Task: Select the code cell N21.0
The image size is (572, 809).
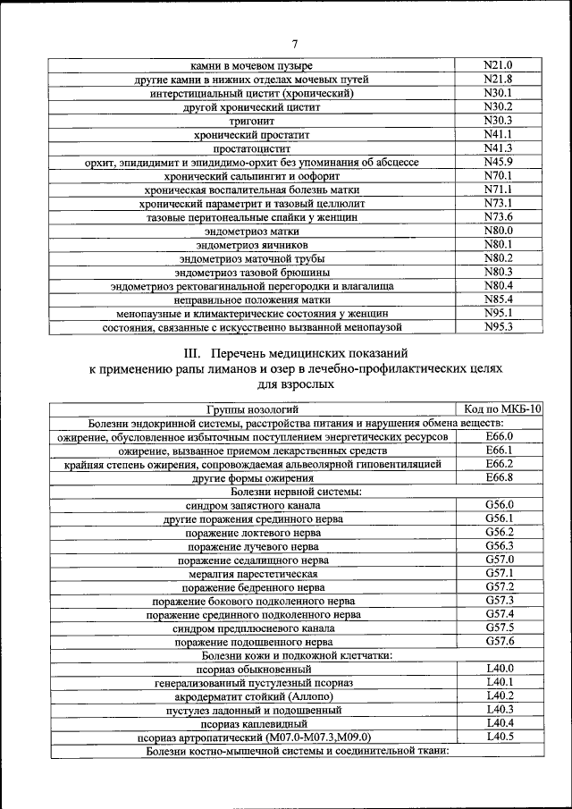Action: (x=497, y=65)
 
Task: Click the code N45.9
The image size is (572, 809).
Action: (x=497, y=162)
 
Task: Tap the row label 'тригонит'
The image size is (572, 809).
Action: (x=252, y=121)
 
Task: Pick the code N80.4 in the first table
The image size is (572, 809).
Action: (x=497, y=285)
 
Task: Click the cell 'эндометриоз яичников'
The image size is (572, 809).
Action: (x=252, y=245)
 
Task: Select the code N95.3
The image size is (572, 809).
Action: (x=497, y=327)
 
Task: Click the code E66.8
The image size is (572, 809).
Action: (x=499, y=478)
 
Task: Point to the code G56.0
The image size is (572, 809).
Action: (x=499, y=505)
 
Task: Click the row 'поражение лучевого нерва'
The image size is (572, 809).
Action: (x=252, y=547)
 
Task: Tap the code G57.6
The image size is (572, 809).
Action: (x=499, y=641)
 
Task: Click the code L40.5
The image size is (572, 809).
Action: (x=499, y=736)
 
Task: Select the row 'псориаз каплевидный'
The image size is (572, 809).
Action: (x=254, y=724)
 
